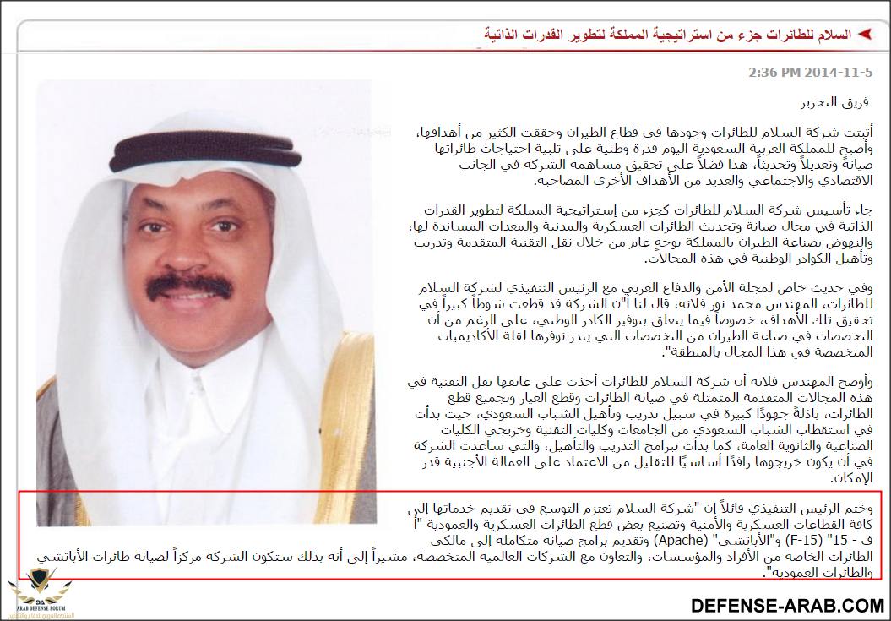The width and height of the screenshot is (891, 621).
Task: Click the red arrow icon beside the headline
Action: [x=864, y=35]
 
